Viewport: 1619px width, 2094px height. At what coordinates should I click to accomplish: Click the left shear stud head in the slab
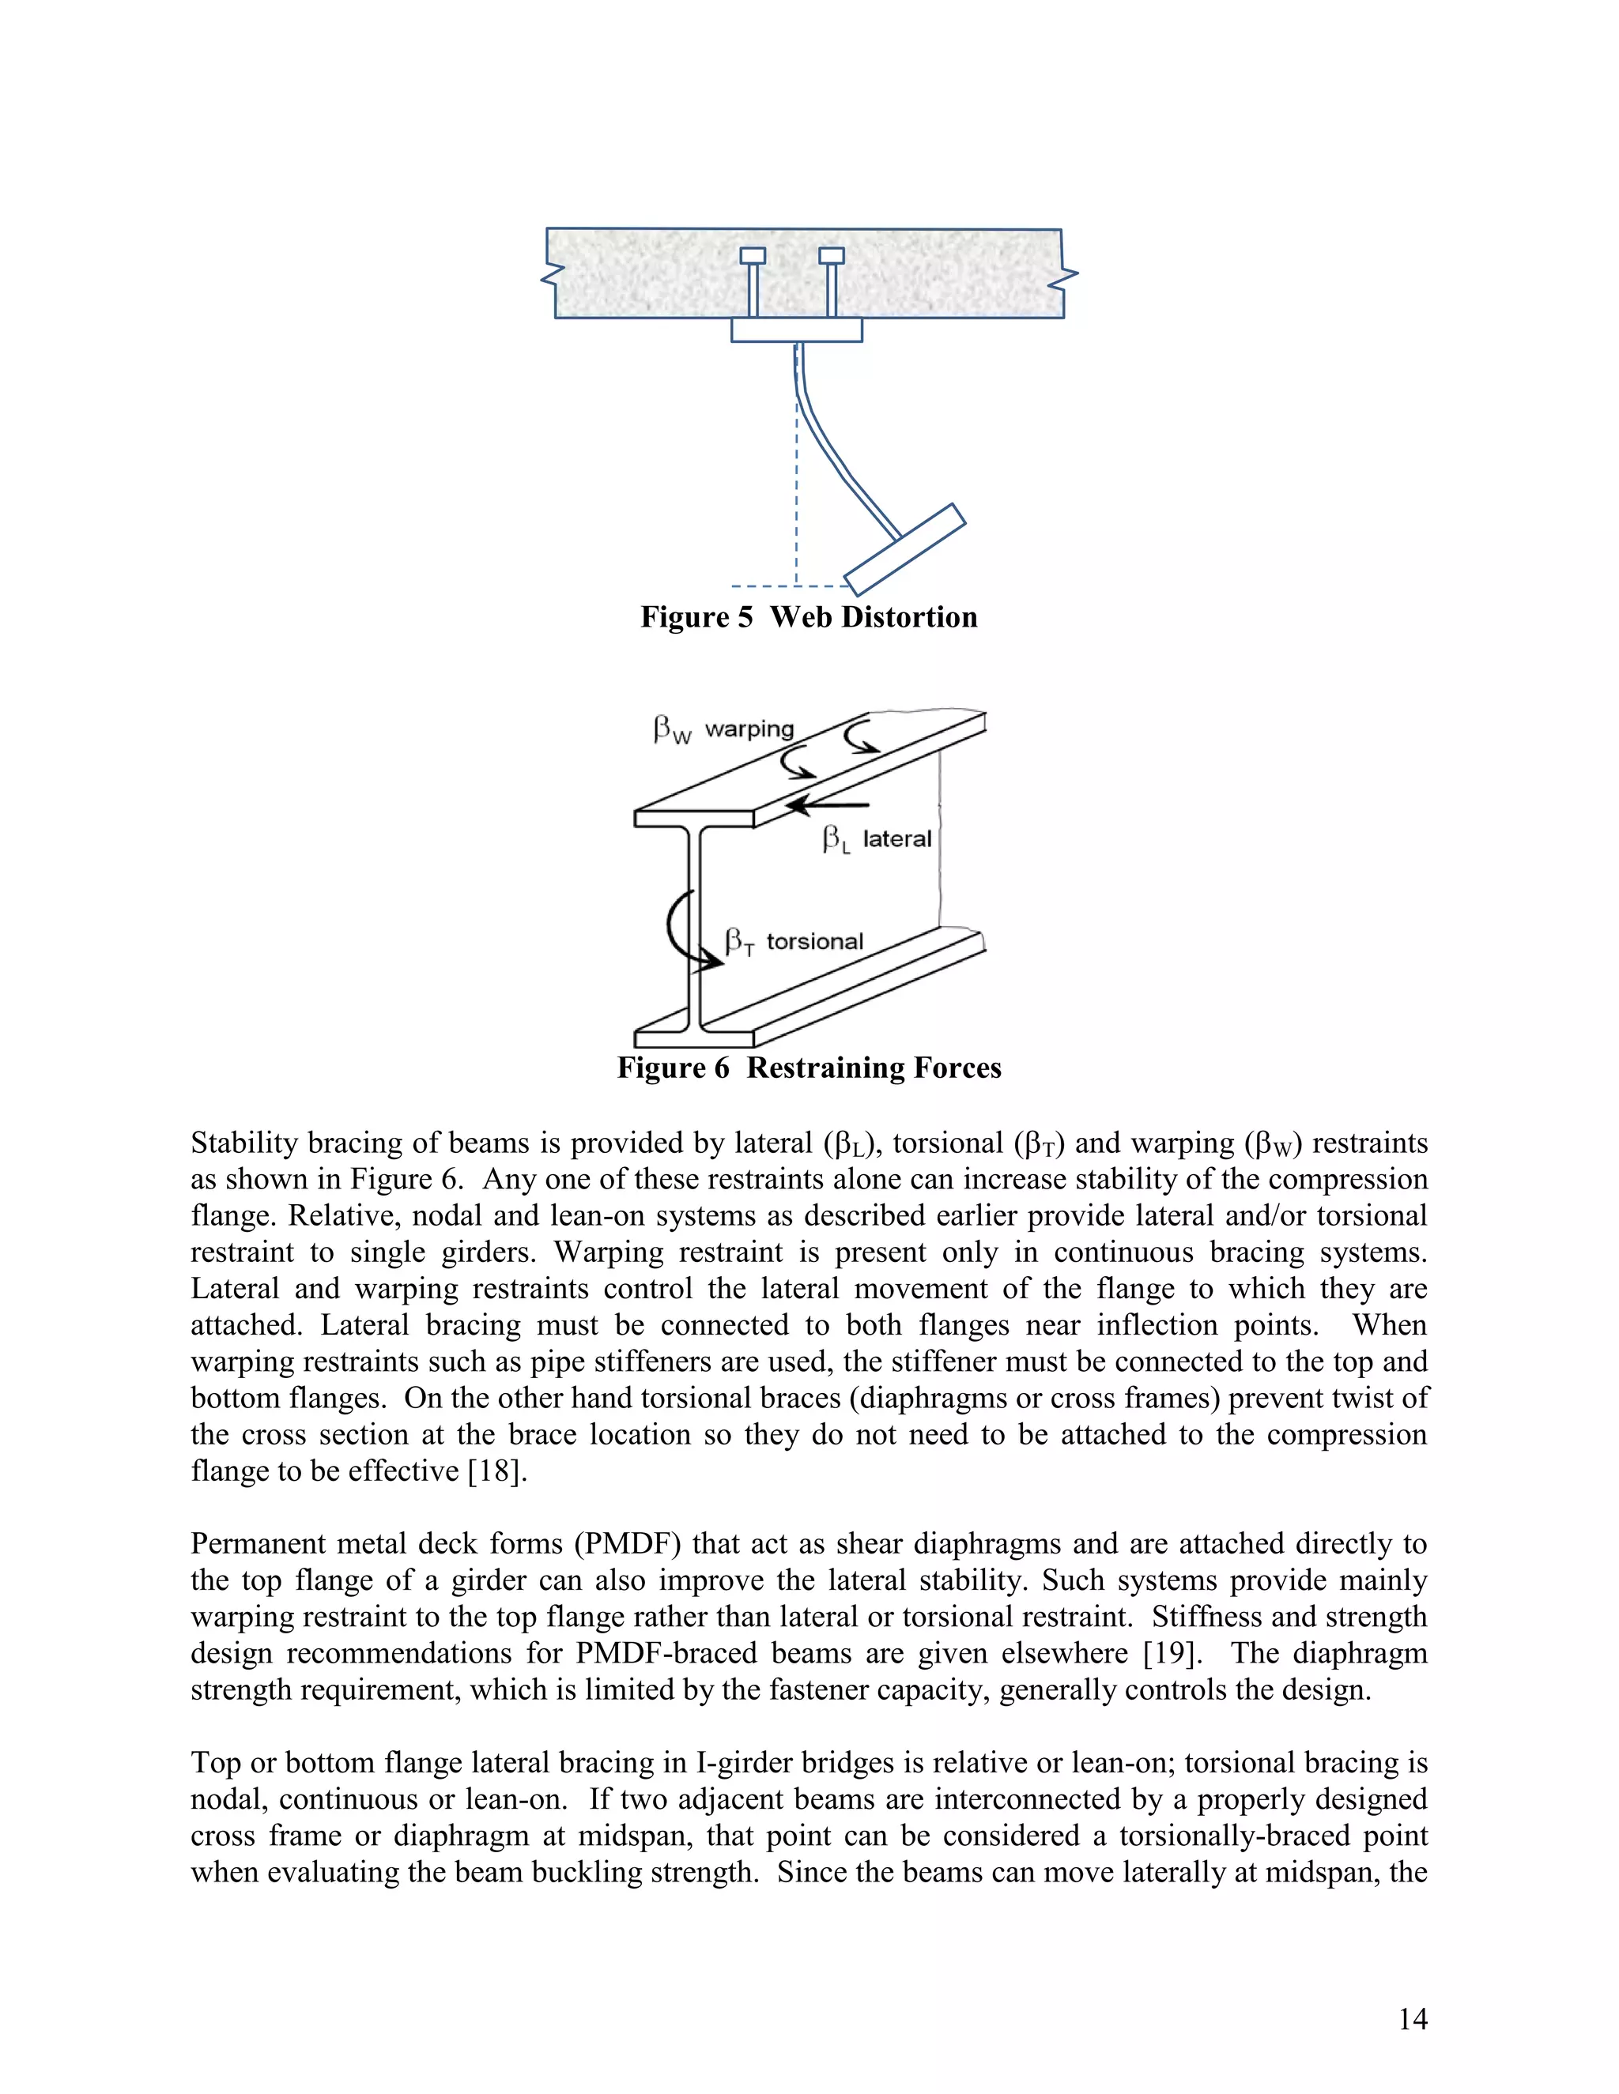(753, 256)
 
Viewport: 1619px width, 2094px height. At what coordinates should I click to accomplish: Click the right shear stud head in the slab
(832, 256)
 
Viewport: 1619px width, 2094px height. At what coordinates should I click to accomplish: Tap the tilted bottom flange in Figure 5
(904, 549)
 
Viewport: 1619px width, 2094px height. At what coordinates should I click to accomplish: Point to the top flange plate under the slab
(796, 330)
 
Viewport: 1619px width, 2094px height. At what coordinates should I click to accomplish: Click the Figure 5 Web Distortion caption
(809, 616)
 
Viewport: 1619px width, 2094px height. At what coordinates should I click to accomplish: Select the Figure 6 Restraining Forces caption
(809, 1067)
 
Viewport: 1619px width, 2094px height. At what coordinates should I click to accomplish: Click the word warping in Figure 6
(749, 729)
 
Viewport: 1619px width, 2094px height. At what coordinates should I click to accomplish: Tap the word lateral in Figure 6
(896, 839)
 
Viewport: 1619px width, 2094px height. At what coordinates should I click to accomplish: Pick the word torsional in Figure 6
(814, 942)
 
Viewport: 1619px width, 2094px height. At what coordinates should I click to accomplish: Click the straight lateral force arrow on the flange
(827, 805)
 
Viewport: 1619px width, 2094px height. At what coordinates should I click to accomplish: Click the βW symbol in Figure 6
(671, 731)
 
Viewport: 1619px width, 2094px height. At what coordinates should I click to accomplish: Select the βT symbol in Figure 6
(738, 942)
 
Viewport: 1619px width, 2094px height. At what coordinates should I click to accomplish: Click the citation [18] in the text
(496, 1471)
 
